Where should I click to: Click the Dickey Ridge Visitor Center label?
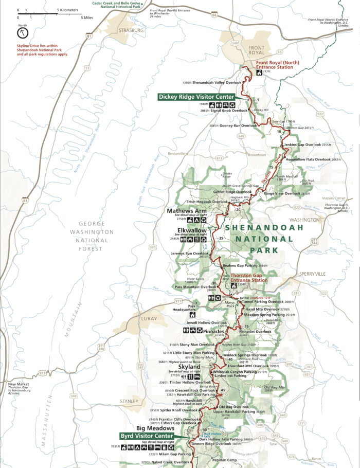[196, 96]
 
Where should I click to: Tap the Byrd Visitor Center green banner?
[147, 436]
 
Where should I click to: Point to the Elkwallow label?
[191, 230]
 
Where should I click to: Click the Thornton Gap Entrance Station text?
[249, 278]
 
